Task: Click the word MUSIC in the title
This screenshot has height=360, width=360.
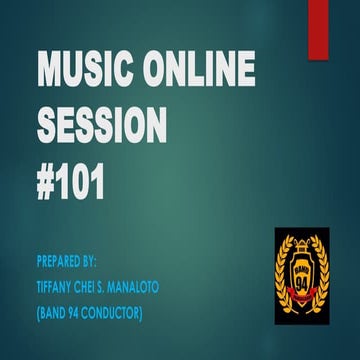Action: coord(83,73)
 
